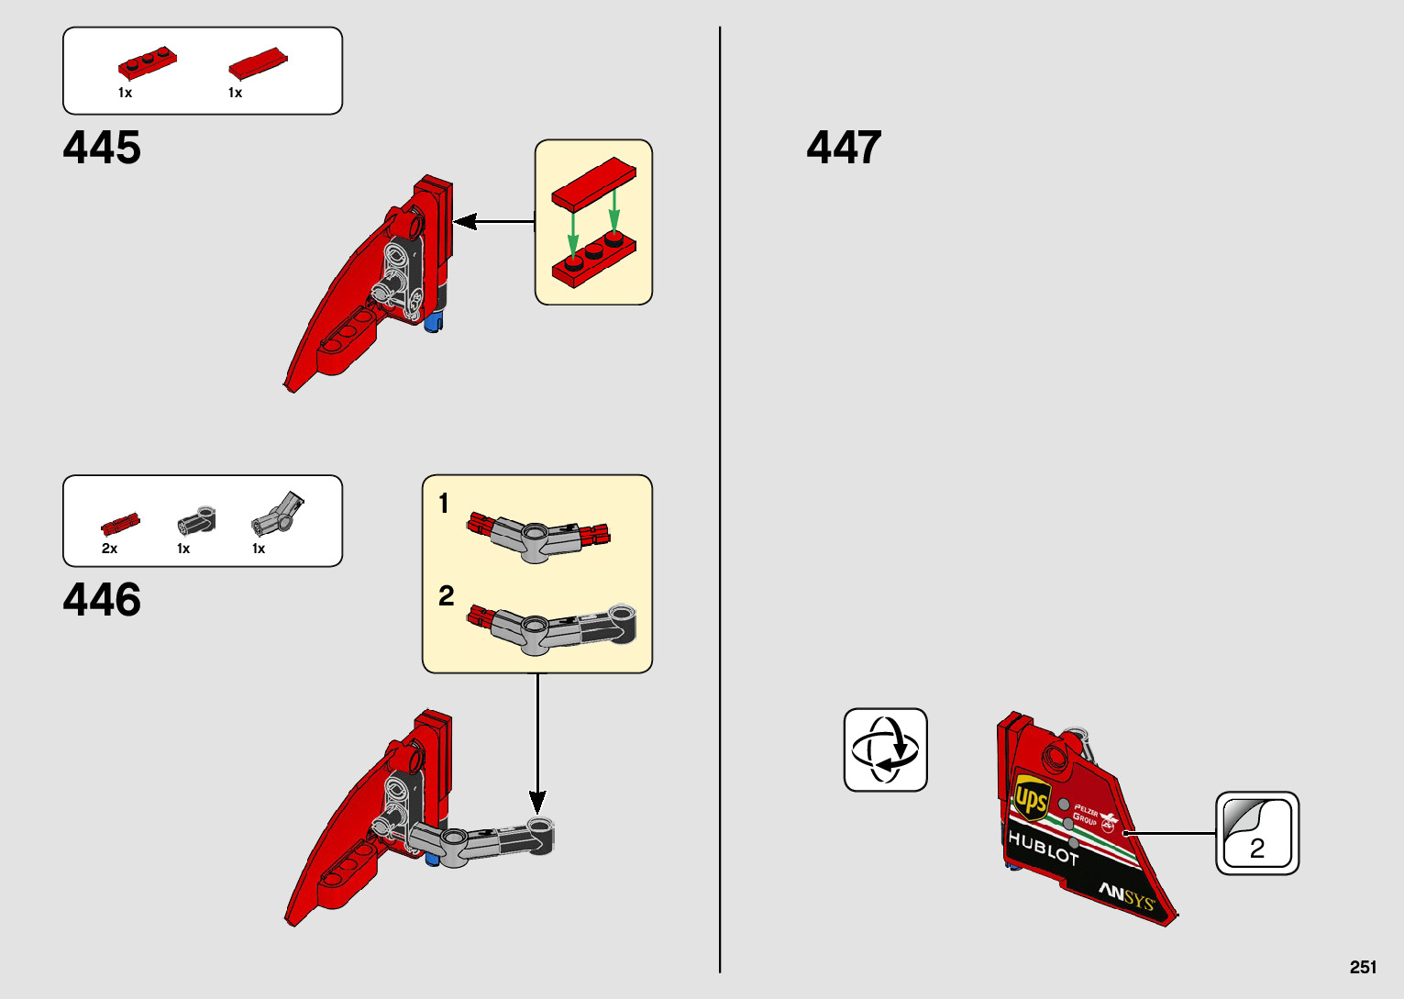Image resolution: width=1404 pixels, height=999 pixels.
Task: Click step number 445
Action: click(x=102, y=149)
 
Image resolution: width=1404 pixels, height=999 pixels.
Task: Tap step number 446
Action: click(x=102, y=601)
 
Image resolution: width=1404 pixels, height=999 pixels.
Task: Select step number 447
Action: click(x=844, y=149)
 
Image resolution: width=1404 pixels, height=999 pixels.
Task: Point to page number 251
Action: click(x=1363, y=967)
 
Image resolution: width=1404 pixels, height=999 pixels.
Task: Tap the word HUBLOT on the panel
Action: click(x=1043, y=849)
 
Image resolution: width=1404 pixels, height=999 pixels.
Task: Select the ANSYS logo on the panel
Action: click(x=1126, y=894)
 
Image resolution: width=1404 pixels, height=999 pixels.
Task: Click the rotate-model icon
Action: click(x=885, y=749)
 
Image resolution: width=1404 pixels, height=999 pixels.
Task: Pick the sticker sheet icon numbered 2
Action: click(x=1257, y=833)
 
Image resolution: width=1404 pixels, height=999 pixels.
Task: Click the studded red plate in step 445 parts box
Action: click(x=147, y=64)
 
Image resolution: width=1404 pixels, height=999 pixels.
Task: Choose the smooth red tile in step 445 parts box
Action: click(x=258, y=62)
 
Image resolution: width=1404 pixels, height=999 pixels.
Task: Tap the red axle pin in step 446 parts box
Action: click(x=120, y=524)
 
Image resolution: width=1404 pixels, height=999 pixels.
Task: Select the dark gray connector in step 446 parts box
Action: click(x=196, y=521)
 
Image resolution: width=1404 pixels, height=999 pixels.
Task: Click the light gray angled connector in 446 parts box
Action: click(x=277, y=514)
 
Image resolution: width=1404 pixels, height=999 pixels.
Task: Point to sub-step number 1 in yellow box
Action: click(x=444, y=504)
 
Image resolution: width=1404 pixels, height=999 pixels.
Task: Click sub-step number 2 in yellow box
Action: click(x=446, y=596)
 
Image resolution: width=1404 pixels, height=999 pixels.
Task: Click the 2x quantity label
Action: click(x=109, y=549)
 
